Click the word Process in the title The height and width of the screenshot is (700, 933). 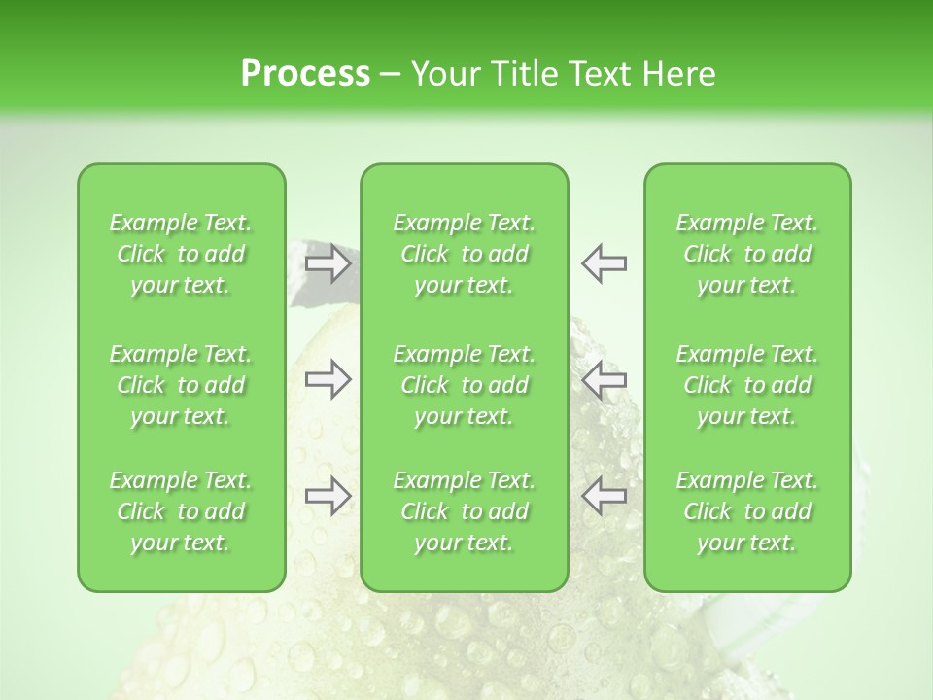tap(305, 74)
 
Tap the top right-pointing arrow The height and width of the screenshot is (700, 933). tap(328, 263)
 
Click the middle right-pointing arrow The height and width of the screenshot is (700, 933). tap(328, 380)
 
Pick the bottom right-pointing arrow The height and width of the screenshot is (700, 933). tap(328, 496)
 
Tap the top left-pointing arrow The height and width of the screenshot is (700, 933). tap(604, 263)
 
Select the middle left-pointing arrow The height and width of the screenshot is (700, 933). tap(604, 380)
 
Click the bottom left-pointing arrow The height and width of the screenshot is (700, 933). tap(604, 496)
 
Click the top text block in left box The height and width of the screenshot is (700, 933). tap(181, 254)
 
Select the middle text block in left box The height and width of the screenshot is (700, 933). tap(181, 385)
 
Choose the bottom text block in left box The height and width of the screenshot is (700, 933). tap(181, 511)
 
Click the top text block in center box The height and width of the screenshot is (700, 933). tap(465, 254)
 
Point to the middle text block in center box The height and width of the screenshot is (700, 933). tap(465, 385)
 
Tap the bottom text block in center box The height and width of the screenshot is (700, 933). tap(465, 511)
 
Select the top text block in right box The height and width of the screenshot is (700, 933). tap(747, 254)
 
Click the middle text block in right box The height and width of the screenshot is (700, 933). tap(747, 385)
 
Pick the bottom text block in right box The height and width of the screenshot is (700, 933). tap(747, 511)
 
